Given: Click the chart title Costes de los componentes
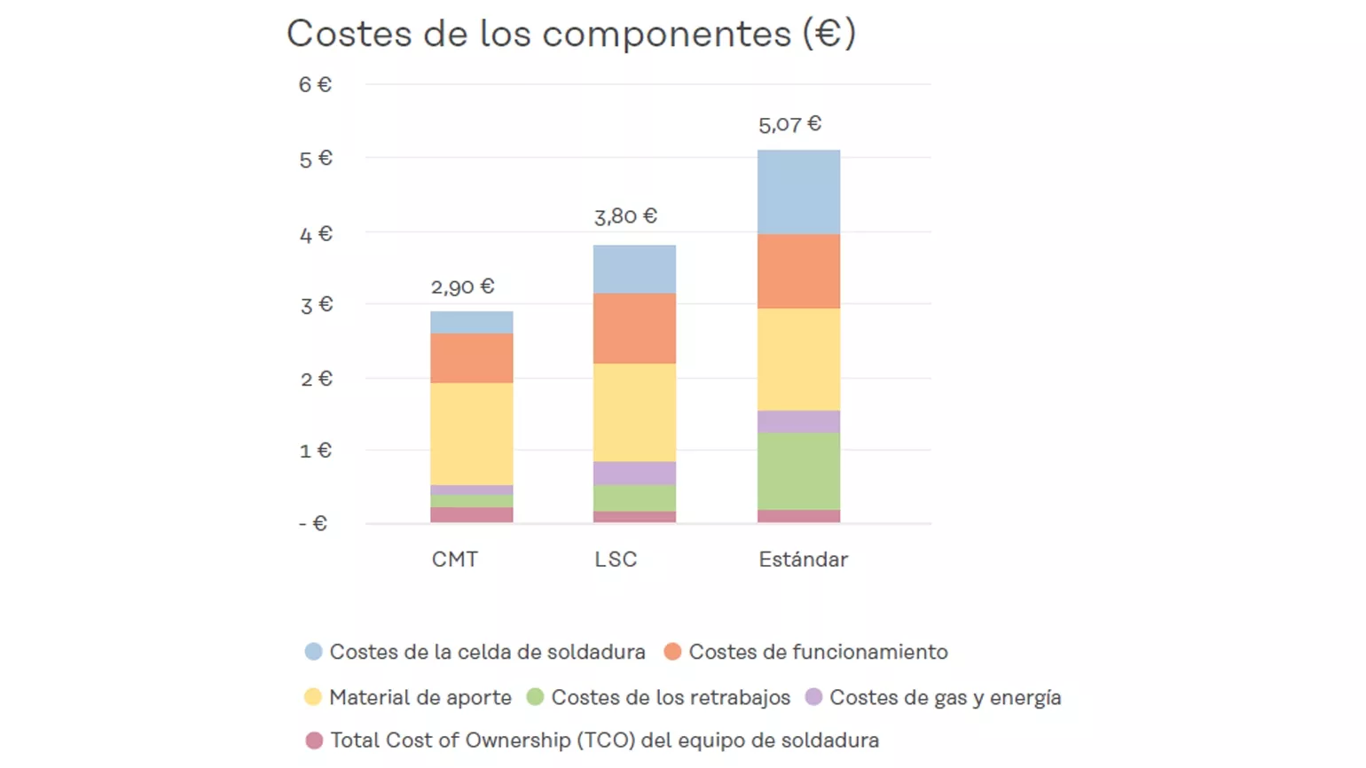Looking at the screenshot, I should [570, 35].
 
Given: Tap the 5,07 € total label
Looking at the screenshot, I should [789, 124].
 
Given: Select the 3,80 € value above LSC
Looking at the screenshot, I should [625, 216].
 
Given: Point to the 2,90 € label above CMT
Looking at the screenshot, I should [462, 287].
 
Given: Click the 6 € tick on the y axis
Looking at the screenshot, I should [315, 85].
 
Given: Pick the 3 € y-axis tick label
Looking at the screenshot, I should [316, 306].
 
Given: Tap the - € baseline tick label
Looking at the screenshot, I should [313, 524].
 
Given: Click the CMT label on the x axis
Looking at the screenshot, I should [455, 560].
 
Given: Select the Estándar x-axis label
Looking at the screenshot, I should [803, 560].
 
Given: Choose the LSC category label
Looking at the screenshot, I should [616, 560].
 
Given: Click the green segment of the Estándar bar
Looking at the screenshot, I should [798, 471].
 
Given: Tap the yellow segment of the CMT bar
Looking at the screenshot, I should [471, 434].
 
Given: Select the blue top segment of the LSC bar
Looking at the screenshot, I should [634, 269].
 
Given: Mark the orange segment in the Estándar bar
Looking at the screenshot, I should [798, 270].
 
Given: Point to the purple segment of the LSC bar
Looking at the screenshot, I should [634, 473].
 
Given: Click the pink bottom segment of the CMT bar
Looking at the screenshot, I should [471, 514].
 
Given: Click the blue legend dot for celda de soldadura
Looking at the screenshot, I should [313, 652].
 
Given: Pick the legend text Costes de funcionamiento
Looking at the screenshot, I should [818, 652].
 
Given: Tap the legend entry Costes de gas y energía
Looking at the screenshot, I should [945, 698].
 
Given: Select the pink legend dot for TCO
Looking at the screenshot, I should [314, 741].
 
